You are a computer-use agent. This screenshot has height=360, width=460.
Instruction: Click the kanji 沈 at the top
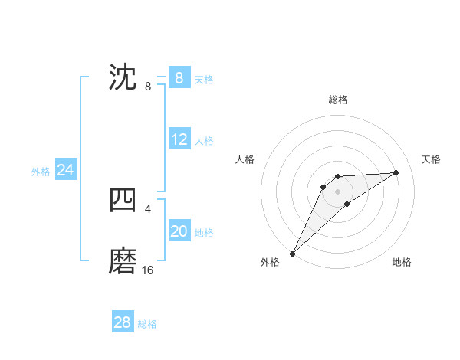(x=123, y=77)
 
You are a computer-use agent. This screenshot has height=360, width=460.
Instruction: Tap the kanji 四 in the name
(x=123, y=200)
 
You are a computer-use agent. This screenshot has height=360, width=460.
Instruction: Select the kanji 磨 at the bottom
(x=123, y=261)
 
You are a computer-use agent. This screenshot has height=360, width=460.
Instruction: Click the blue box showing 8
(x=179, y=78)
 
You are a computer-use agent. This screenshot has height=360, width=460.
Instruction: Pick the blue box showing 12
(x=179, y=139)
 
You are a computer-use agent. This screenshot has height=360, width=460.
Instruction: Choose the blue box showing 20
(x=179, y=231)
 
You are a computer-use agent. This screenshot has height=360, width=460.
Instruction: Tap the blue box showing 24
(x=66, y=170)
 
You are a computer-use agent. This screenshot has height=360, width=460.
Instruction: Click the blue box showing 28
(x=123, y=322)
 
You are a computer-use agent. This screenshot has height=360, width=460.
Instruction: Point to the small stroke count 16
(x=148, y=270)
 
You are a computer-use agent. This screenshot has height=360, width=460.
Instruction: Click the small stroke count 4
(x=147, y=208)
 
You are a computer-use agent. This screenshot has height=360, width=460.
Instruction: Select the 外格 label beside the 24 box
(x=41, y=172)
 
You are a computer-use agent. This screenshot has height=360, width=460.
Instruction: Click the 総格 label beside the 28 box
(x=147, y=324)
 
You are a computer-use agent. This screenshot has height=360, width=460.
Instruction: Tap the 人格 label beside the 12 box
(x=204, y=141)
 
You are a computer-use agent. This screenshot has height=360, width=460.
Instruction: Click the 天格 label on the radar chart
(x=431, y=159)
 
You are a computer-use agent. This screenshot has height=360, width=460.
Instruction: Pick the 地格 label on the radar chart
(x=402, y=262)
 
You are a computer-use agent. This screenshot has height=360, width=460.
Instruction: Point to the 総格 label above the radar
(x=338, y=100)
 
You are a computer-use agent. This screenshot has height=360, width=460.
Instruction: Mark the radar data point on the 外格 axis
(x=292, y=254)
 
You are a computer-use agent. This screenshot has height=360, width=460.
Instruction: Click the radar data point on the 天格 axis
(x=396, y=172)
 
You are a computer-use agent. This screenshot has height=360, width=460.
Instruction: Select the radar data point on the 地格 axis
(x=347, y=204)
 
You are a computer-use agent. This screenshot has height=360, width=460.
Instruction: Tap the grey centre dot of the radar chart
(x=338, y=191)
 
